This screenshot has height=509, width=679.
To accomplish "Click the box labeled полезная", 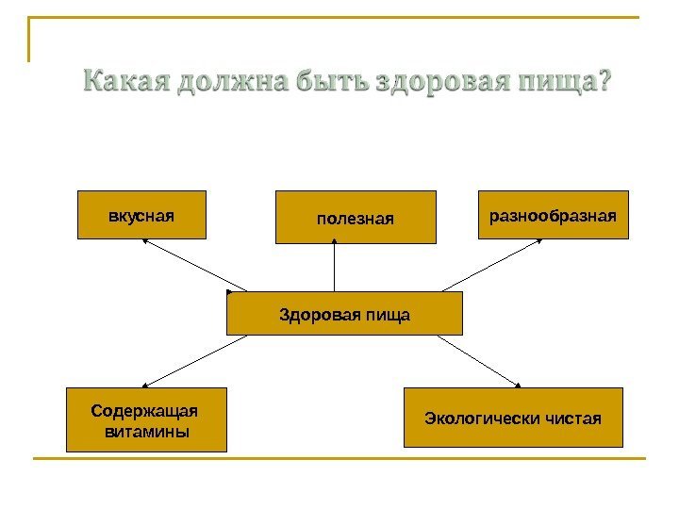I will coord(356,218).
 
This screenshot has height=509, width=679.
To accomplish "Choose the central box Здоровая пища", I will coord(344,314).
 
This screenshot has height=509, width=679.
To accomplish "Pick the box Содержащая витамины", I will coord(146,420).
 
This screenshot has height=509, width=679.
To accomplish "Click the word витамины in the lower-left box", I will coord(146,432).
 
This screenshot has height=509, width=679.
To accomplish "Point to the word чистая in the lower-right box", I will coord(574,417).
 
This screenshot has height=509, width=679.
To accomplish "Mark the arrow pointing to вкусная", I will coord(193,265).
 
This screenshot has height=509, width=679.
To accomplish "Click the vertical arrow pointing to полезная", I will coord(336,266).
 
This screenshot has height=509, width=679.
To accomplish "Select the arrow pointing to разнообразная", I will coord(491,265).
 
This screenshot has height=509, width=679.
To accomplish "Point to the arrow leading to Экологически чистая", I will coord(479,360).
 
